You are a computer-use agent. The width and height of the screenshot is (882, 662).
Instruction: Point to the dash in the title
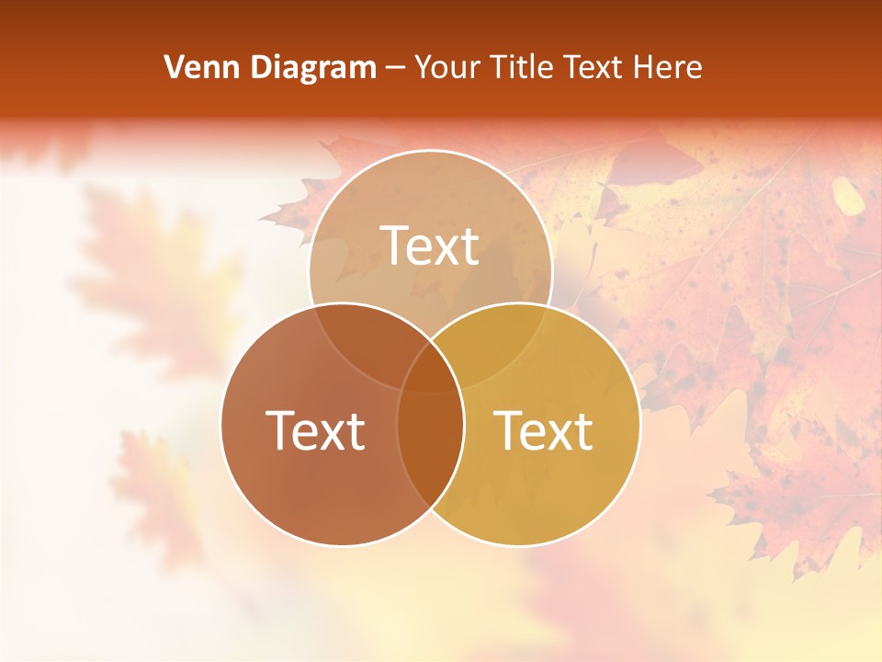(396, 69)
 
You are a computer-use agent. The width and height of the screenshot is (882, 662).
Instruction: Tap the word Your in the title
(449, 67)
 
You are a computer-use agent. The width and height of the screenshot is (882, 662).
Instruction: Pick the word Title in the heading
(522, 67)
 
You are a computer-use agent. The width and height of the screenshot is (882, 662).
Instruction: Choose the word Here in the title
(668, 67)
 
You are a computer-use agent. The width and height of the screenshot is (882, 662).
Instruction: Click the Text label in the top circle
(430, 245)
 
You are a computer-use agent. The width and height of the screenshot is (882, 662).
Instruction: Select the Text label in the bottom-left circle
(315, 430)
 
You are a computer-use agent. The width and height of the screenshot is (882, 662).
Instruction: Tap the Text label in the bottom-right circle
(544, 430)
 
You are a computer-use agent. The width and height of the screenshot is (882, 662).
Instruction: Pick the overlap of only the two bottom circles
(430, 441)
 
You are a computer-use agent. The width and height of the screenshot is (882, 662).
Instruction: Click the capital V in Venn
(174, 67)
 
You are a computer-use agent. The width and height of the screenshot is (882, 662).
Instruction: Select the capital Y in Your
(424, 67)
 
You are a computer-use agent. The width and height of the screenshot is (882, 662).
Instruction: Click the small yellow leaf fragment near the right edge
(847, 195)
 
